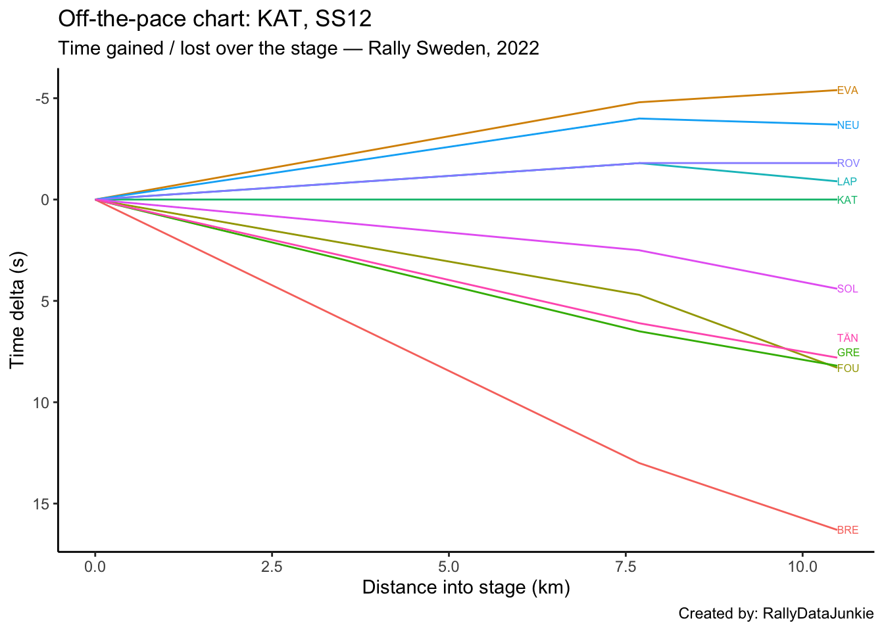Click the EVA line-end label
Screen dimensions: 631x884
(x=847, y=91)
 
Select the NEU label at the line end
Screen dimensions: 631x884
(x=848, y=125)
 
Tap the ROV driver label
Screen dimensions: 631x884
(x=848, y=163)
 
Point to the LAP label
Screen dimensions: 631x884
(x=847, y=182)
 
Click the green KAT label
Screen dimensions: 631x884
(x=847, y=200)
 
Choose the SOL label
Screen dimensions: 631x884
(x=847, y=289)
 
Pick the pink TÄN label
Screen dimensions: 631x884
(x=847, y=339)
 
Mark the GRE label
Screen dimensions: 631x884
(x=848, y=353)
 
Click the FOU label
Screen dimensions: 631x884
(x=848, y=369)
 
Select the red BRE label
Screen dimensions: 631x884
(x=848, y=530)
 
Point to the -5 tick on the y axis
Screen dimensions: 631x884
(x=42, y=99)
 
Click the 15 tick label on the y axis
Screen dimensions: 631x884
(x=41, y=504)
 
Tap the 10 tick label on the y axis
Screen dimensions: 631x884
(x=41, y=403)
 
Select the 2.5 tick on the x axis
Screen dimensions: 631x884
(x=272, y=565)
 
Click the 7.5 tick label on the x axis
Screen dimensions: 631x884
(x=625, y=565)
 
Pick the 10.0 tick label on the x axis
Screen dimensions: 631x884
(x=802, y=565)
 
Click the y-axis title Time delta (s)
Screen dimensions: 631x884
(x=18, y=310)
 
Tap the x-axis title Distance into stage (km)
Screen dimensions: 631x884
(x=466, y=587)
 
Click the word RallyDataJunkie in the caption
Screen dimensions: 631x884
(x=818, y=614)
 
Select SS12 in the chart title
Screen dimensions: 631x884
(x=343, y=19)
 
